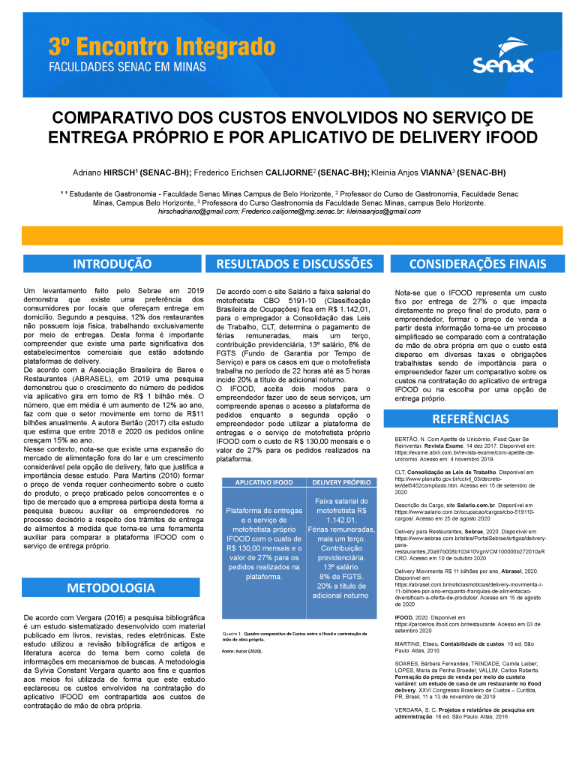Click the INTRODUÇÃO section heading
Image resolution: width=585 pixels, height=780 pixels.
[x=112, y=264]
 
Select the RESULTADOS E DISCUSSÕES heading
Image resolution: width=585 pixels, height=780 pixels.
[x=295, y=264]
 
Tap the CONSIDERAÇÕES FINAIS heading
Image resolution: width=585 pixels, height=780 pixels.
[x=478, y=264]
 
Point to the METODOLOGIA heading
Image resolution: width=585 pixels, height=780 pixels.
[x=112, y=566]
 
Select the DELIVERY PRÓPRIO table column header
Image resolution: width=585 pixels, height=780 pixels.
[x=341, y=482]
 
